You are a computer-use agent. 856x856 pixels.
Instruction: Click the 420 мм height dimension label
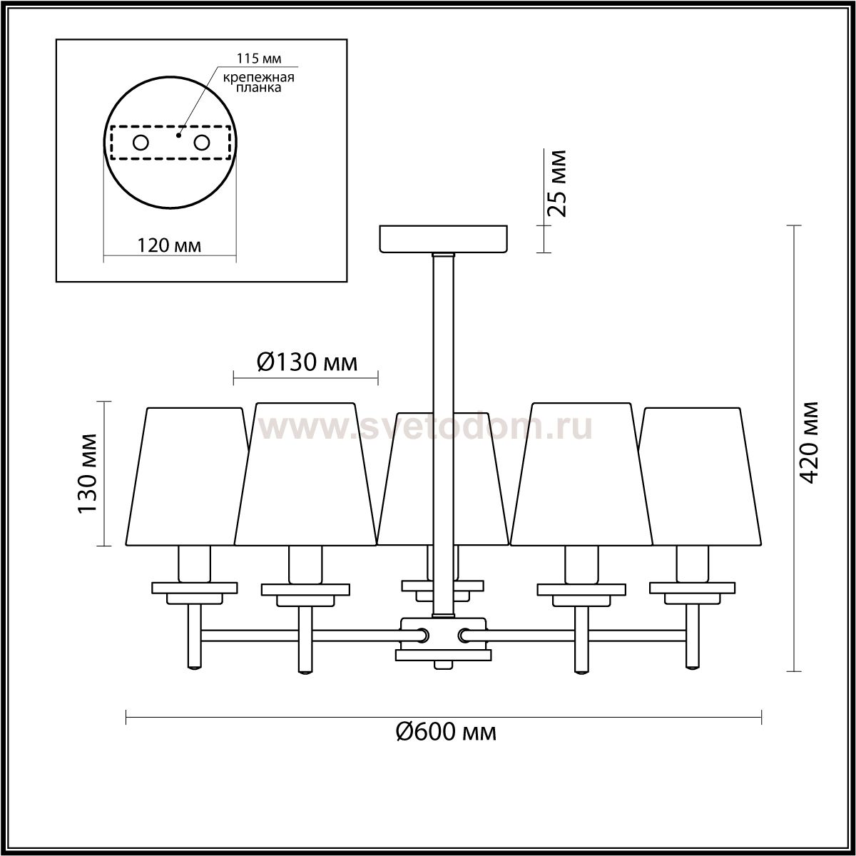[807, 442]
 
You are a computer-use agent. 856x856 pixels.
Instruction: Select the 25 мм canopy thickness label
[557, 183]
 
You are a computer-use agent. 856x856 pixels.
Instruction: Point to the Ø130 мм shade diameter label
[307, 362]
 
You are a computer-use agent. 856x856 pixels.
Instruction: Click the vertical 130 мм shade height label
[88, 474]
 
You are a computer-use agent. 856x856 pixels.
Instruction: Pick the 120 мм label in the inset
[169, 245]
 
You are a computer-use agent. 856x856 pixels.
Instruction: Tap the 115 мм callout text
[259, 58]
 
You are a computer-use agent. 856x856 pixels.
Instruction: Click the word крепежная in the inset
[259, 77]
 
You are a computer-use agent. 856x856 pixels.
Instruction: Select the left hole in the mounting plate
[141, 143]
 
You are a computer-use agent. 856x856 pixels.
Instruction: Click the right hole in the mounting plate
[201, 143]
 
